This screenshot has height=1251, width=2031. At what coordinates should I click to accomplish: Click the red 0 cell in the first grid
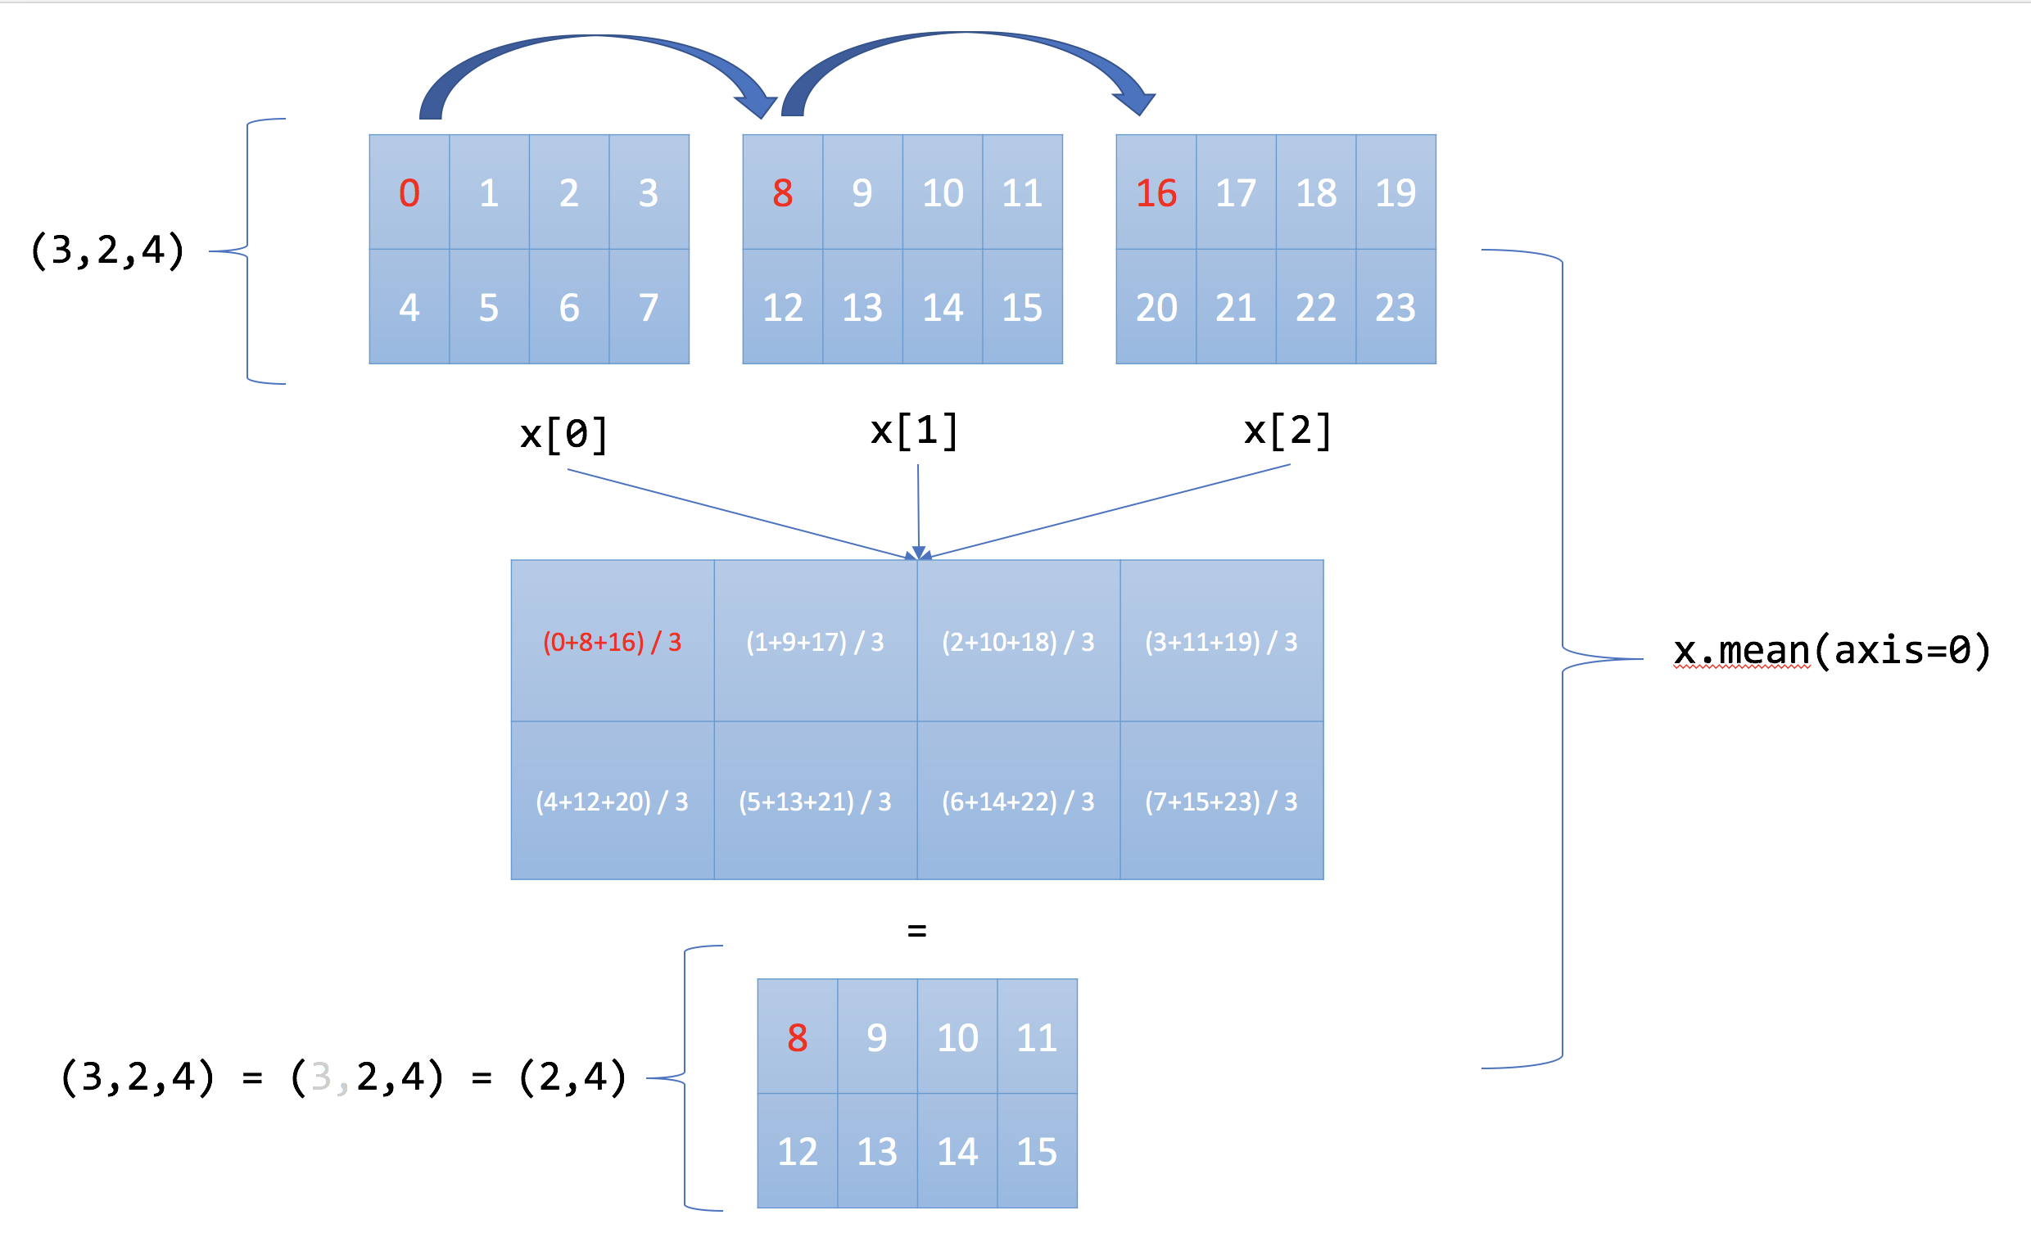[x=409, y=192]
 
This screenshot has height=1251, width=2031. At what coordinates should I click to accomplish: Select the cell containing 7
[x=649, y=307]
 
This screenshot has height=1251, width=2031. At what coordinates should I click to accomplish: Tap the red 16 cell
[x=1156, y=192]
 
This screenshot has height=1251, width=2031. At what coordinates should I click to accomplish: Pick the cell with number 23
[x=1395, y=307]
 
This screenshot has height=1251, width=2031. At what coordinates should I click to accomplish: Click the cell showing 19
[x=1395, y=192]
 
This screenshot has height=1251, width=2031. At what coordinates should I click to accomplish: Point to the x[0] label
[x=564, y=434]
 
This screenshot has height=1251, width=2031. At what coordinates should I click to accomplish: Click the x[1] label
[x=915, y=431]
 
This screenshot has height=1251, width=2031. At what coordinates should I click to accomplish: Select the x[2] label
[x=1287, y=431]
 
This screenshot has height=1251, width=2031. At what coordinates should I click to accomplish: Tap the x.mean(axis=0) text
[x=1830, y=650]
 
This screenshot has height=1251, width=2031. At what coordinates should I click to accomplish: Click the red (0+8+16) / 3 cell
[x=612, y=642]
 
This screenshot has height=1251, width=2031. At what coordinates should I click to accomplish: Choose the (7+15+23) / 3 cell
[x=1221, y=801]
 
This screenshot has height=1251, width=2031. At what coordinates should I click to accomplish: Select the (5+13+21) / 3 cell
[x=814, y=801]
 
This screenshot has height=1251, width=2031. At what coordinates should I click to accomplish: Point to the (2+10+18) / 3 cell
[x=1018, y=642]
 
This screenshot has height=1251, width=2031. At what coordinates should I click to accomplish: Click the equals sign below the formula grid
[x=917, y=931]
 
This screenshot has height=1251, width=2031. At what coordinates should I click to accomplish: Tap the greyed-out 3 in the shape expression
[x=321, y=1077]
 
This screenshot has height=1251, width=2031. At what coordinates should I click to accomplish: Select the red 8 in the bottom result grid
[x=797, y=1037]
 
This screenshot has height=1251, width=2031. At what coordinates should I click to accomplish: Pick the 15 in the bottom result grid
[x=1036, y=1151]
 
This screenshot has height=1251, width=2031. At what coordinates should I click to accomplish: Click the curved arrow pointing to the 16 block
[x=968, y=50]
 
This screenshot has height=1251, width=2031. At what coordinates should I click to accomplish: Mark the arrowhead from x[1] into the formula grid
[x=919, y=553]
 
